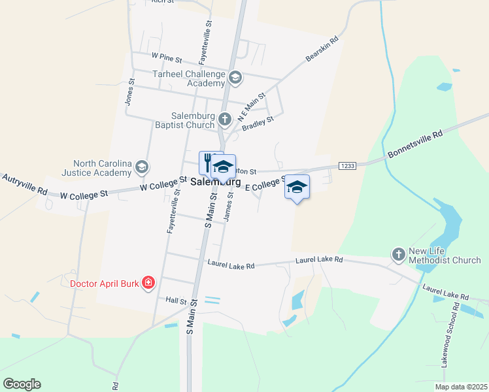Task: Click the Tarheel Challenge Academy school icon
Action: coord(235,79)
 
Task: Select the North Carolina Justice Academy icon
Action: coord(141,169)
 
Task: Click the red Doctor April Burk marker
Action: coord(148,283)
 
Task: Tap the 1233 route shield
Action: coord(347,166)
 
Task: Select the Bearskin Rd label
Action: coord(323,50)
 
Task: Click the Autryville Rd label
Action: coord(24,184)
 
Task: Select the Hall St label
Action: coord(176,301)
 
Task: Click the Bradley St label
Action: coord(258,123)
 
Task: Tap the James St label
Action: coord(229,206)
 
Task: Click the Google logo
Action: coord(22,384)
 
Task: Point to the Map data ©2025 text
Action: coord(460,387)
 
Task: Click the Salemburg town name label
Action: coord(211,183)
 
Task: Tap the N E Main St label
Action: coord(252,107)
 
